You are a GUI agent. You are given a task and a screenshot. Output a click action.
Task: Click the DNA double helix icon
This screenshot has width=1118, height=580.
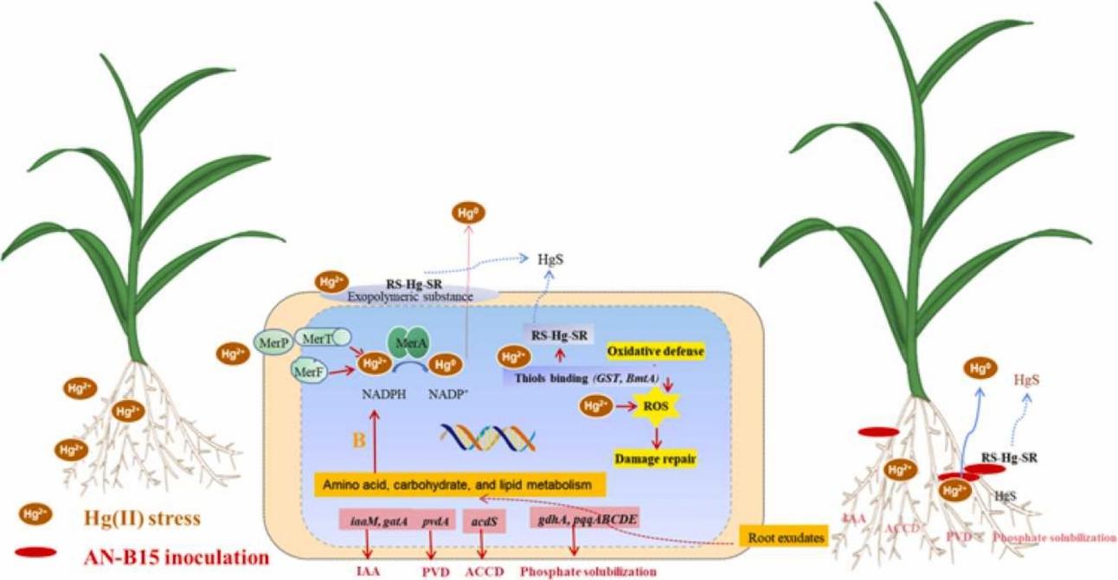pyautogui.click(x=487, y=437)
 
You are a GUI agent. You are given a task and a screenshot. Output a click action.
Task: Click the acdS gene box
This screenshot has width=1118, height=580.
pyautogui.click(x=482, y=521)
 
